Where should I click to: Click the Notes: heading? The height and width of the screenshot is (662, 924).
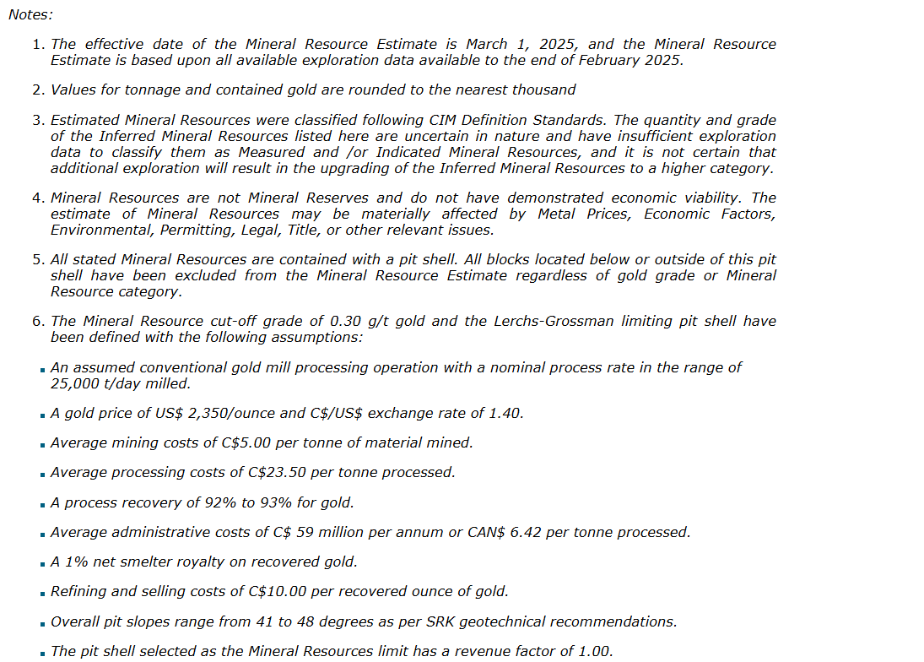coord(30,14)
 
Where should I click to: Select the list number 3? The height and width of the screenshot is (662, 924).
coord(38,120)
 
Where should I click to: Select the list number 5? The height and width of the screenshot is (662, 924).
coord(38,259)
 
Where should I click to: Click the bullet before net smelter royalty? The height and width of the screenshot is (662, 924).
coord(42,563)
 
